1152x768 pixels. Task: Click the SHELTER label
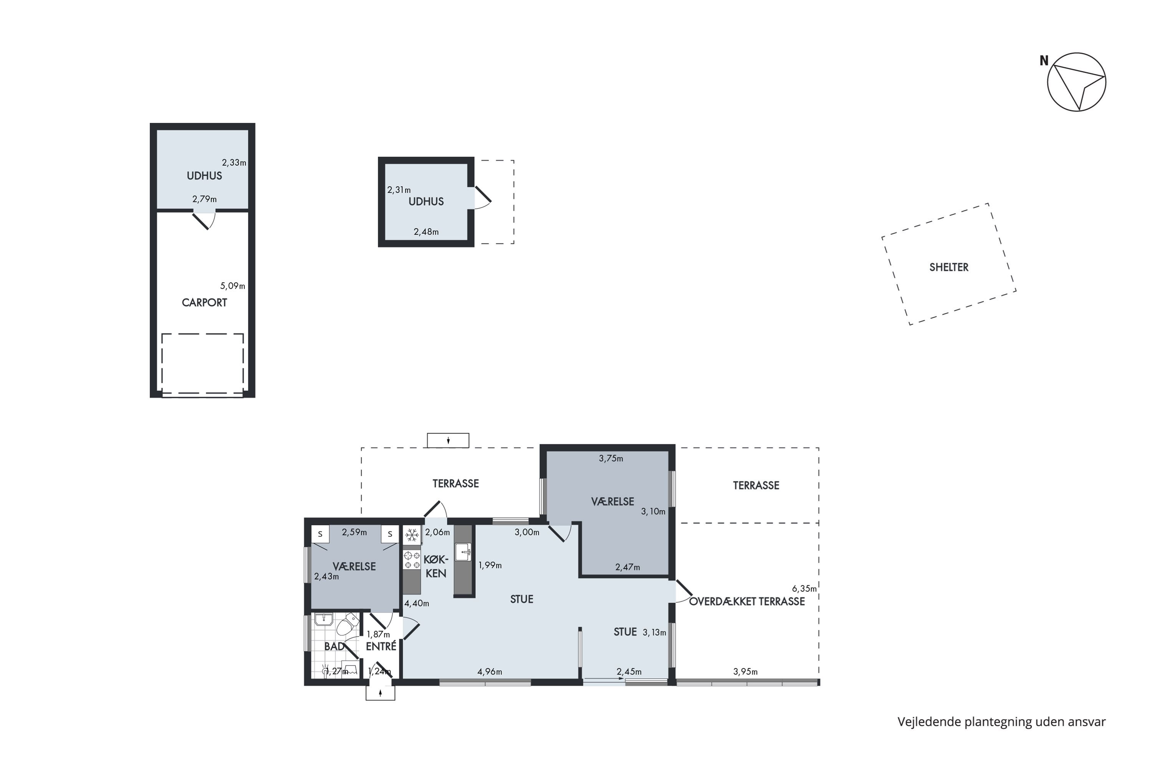[949, 267]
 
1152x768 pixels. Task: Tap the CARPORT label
[204, 303]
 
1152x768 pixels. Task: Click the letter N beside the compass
[1044, 61]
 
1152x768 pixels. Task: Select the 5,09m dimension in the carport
[233, 286]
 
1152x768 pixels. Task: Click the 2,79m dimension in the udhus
[204, 199]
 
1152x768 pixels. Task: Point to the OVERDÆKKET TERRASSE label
[747, 601]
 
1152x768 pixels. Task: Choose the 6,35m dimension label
[804, 589]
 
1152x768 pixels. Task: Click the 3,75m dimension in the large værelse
[611, 459]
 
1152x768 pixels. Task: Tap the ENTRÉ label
[381, 647]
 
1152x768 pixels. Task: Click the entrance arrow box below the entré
[381, 693]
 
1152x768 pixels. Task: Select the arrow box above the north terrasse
[448, 440]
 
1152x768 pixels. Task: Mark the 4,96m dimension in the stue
[490, 672]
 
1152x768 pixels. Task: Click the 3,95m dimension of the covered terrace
[745, 672]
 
